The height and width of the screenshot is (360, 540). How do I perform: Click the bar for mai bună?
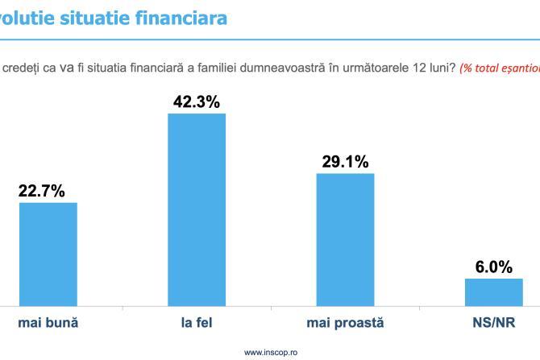(48, 254)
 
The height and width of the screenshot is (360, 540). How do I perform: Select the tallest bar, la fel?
(197, 209)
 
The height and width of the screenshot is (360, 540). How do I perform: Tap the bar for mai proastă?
(345, 239)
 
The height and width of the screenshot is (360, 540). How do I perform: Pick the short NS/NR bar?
(493, 292)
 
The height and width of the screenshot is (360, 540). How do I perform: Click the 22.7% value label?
(42, 191)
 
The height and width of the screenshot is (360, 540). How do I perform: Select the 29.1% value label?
(345, 162)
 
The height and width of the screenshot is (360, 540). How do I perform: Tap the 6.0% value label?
(493, 267)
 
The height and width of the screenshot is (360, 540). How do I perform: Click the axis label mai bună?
(48, 324)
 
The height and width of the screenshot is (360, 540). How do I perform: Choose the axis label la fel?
(197, 324)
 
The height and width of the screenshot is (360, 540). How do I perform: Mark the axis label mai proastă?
(345, 324)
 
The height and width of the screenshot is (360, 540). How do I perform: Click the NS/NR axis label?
(493, 324)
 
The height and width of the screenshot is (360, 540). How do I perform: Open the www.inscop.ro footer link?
(270, 352)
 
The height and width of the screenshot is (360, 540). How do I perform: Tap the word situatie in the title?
(85, 17)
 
